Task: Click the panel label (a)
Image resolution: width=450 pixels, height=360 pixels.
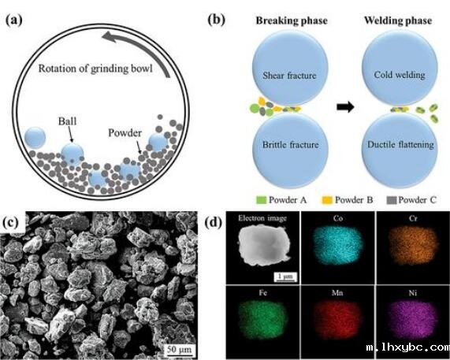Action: point(13,20)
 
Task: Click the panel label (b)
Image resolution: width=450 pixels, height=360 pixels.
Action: point(216,20)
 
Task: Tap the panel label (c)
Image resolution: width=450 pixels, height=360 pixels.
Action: point(11,221)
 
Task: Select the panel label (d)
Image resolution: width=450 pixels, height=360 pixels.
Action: point(214,223)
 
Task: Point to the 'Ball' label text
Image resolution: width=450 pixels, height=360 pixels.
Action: point(68,121)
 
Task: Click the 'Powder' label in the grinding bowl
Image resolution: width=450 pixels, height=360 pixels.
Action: point(125,133)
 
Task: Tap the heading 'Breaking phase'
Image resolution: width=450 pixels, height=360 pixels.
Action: point(292,20)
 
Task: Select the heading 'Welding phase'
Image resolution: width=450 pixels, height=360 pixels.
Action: point(398,20)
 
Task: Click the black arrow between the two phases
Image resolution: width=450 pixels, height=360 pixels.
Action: point(345,107)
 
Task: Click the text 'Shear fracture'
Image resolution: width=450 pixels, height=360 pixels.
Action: point(289,75)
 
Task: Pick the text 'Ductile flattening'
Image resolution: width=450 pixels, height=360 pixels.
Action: point(400,145)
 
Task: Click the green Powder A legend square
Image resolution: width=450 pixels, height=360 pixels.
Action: point(262,200)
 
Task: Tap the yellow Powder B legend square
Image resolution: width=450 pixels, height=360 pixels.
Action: point(327,200)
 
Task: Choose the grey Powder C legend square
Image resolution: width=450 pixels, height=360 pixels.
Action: point(392,200)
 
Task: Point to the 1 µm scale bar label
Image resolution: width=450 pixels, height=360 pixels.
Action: point(285,276)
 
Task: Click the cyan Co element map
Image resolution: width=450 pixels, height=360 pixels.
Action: point(338,247)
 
